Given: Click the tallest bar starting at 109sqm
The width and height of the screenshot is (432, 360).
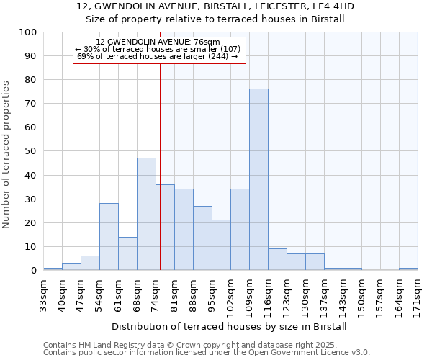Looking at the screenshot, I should click(x=258, y=179).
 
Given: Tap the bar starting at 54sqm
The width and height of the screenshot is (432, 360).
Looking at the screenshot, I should click(x=109, y=237).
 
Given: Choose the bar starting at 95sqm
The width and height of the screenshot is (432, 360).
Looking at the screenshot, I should click(x=221, y=245).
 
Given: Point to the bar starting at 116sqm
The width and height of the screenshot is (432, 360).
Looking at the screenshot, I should click(x=277, y=259).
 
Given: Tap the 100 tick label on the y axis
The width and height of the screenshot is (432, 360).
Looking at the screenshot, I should click(x=28, y=32).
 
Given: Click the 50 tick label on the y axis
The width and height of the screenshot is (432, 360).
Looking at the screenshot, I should click(x=31, y=151).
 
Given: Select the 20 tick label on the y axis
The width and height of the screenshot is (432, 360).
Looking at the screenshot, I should click(x=31, y=222).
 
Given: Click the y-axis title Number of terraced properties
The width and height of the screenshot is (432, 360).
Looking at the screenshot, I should click(x=6, y=154).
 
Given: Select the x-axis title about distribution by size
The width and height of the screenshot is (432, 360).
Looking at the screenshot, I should click(x=230, y=326).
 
